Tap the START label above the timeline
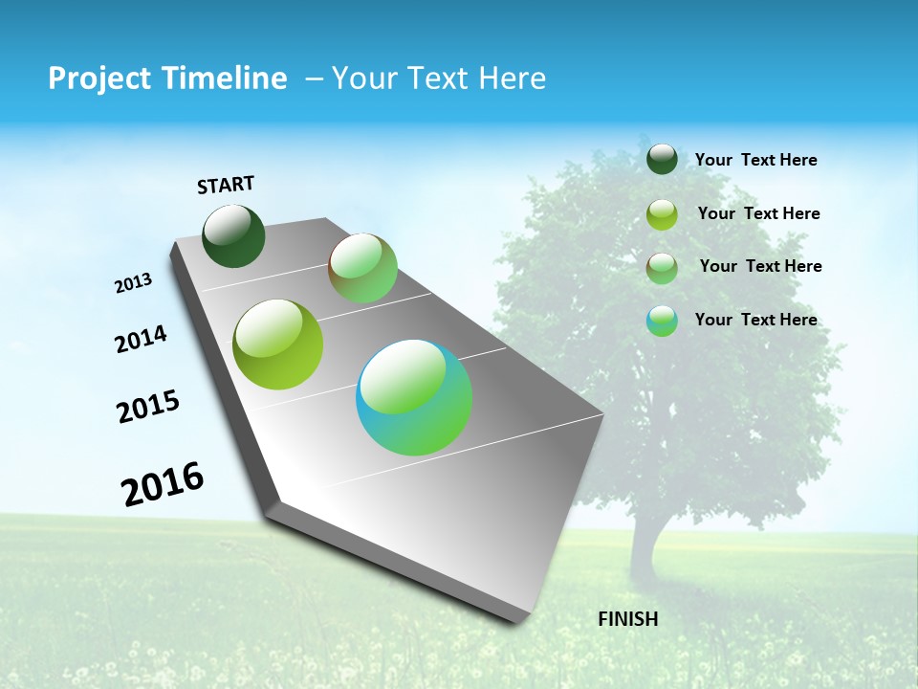point(226,185)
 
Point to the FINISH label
point(627,619)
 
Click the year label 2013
point(133,283)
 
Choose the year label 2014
point(141,339)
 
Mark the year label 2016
point(163,484)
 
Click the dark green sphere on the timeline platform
point(233,236)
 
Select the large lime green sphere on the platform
point(278,344)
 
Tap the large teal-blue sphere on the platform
point(414,397)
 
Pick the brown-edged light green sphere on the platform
point(362,268)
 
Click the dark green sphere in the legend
point(662,160)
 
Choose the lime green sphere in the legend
point(662,214)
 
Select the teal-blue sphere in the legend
point(662,321)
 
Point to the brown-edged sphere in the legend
point(662,268)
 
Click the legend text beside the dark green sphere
point(755,160)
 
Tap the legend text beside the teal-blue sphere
point(755,320)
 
